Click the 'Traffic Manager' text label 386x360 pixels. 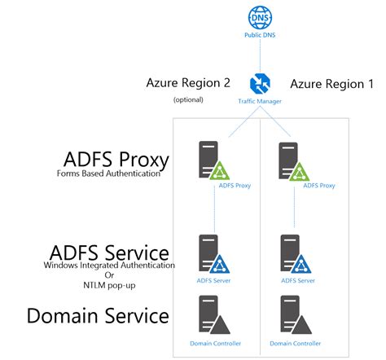(x=261, y=100)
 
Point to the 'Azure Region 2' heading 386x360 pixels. (x=188, y=83)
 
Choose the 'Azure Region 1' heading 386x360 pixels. (x=331, y=83)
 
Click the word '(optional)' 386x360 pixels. (x=188, y=100)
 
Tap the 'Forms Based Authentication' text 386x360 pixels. (x=107, y=173)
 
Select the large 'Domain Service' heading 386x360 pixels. (x=99, y=315)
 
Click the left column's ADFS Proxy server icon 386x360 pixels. (x=212, y=160)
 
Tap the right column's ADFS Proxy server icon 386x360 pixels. (x=294, y=160)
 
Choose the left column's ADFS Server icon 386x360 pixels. (x=212, y=254)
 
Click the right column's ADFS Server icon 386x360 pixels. (x=294, y=254)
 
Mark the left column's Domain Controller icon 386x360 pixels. (x=212, y=316)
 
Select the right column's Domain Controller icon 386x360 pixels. (x=294, y=316)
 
